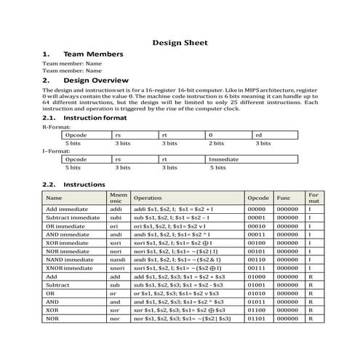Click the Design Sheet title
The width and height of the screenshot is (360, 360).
(x=180, y=43)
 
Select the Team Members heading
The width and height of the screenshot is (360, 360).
(x=93, y=55)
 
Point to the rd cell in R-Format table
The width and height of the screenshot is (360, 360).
(x=259, y=135)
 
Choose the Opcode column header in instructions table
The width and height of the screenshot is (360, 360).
(x=258, y=197)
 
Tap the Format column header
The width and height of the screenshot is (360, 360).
(x=313, y=197)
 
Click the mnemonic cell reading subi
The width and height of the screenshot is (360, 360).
(x=115, y=217)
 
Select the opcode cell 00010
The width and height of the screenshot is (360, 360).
(x=257, y=227)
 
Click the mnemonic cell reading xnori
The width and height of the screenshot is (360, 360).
(x=116, y=268)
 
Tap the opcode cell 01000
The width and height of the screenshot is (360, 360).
(x=257, y=278)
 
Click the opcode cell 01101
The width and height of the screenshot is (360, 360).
(x=257, y=318)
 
